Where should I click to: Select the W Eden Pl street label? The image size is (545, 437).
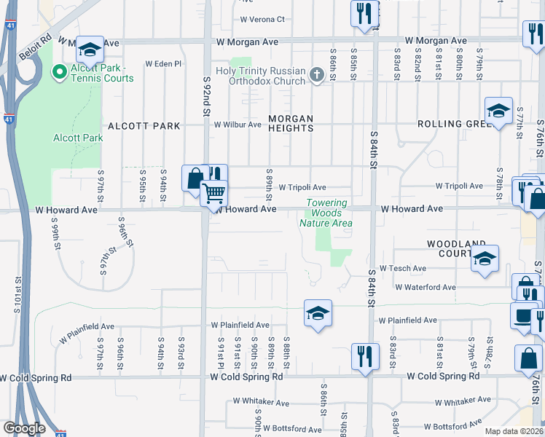[162, 64]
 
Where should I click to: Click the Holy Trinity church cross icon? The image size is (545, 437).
[316, 74]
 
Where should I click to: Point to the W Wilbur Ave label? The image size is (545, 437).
[237, 125]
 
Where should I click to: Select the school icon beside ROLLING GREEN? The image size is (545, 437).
[498, 111]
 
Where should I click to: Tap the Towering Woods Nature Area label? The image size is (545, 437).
[326, 213]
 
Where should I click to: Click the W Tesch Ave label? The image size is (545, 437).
[402, 269]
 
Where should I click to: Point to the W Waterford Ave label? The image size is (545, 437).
[426, 287]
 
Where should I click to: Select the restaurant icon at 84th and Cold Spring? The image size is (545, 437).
[363, 356]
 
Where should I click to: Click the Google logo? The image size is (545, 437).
[24, 428]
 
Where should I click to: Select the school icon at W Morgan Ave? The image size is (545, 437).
[90, 50]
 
